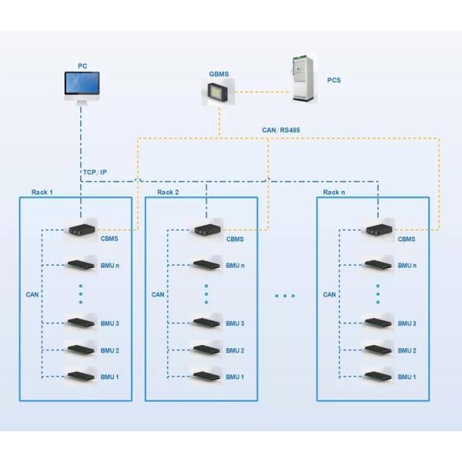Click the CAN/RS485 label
(280, 130)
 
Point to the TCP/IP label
(95, 172)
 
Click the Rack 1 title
(42, 192)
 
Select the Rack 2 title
(169, 192)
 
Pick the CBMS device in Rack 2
(206, 229)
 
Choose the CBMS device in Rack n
(378, 229)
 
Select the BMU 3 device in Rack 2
(206, 322)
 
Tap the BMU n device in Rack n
(378, 265)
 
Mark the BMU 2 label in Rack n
(407, 350)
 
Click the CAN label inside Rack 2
(158, 294)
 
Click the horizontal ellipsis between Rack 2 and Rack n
(284, 295)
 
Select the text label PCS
(334, 80)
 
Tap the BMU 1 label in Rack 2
(236, 377)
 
